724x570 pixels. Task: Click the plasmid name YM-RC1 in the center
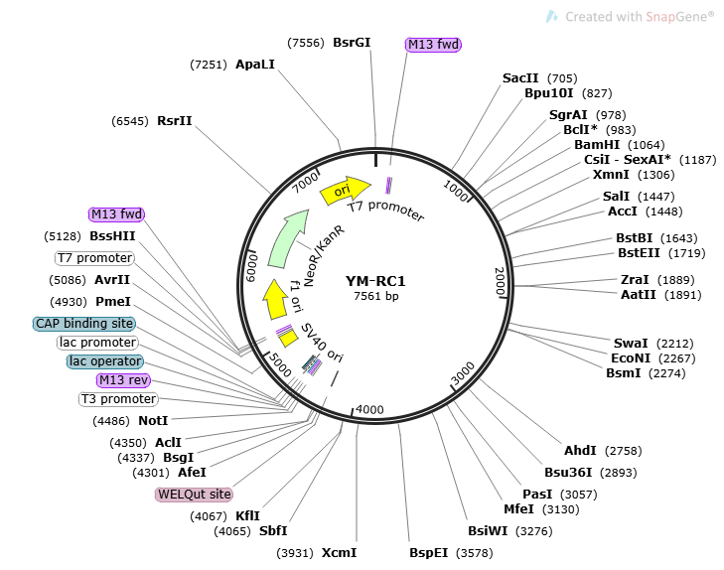pos(375,281)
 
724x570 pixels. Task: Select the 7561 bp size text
pos(375,296)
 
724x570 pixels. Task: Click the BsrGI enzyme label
pos(352,43)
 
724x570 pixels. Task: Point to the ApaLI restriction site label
pos(255,64)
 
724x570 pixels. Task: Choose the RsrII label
pos(175,120)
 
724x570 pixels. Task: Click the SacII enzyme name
pos(520,78)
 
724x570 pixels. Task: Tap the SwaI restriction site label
pos(630,343)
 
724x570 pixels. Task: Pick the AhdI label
pos(579,452)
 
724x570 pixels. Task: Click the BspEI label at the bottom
pos(429,553)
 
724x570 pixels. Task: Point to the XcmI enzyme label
pos(339,553)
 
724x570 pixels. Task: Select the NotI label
pos(153,421)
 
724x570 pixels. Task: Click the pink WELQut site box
pos(194,494)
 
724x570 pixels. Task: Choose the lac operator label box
pos(105,361)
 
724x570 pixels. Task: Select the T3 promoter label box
pos(118,399)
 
